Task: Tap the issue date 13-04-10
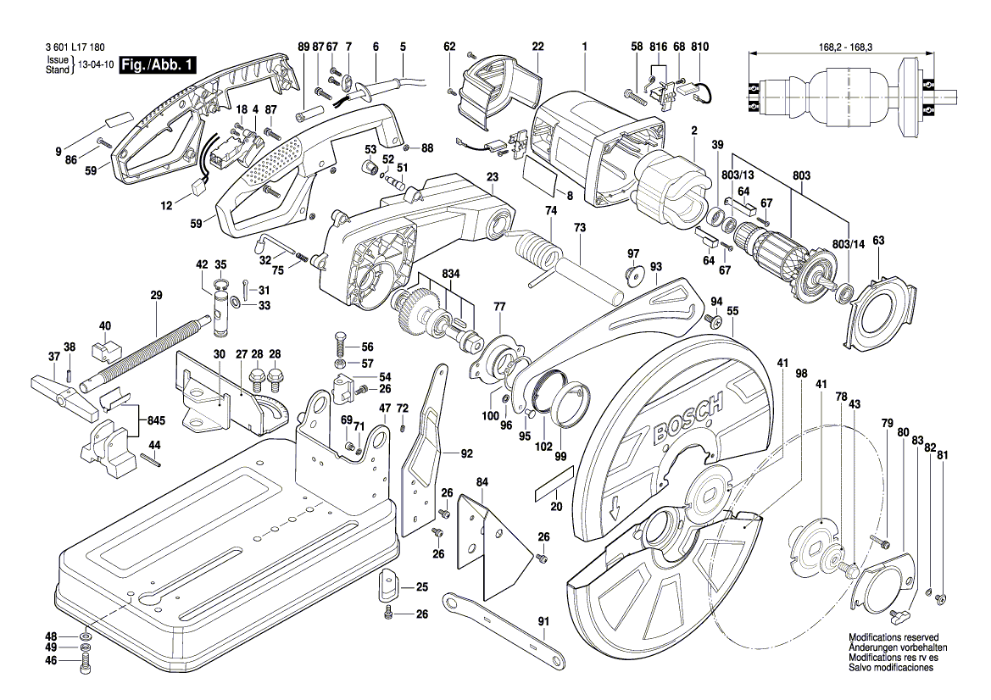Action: point(95,65)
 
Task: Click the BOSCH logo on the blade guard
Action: point(688,419)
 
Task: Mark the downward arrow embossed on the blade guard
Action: point(615,509)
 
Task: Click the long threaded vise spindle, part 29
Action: point(144,349)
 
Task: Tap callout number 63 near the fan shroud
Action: point(878,241)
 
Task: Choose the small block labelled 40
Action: point(104,347)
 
